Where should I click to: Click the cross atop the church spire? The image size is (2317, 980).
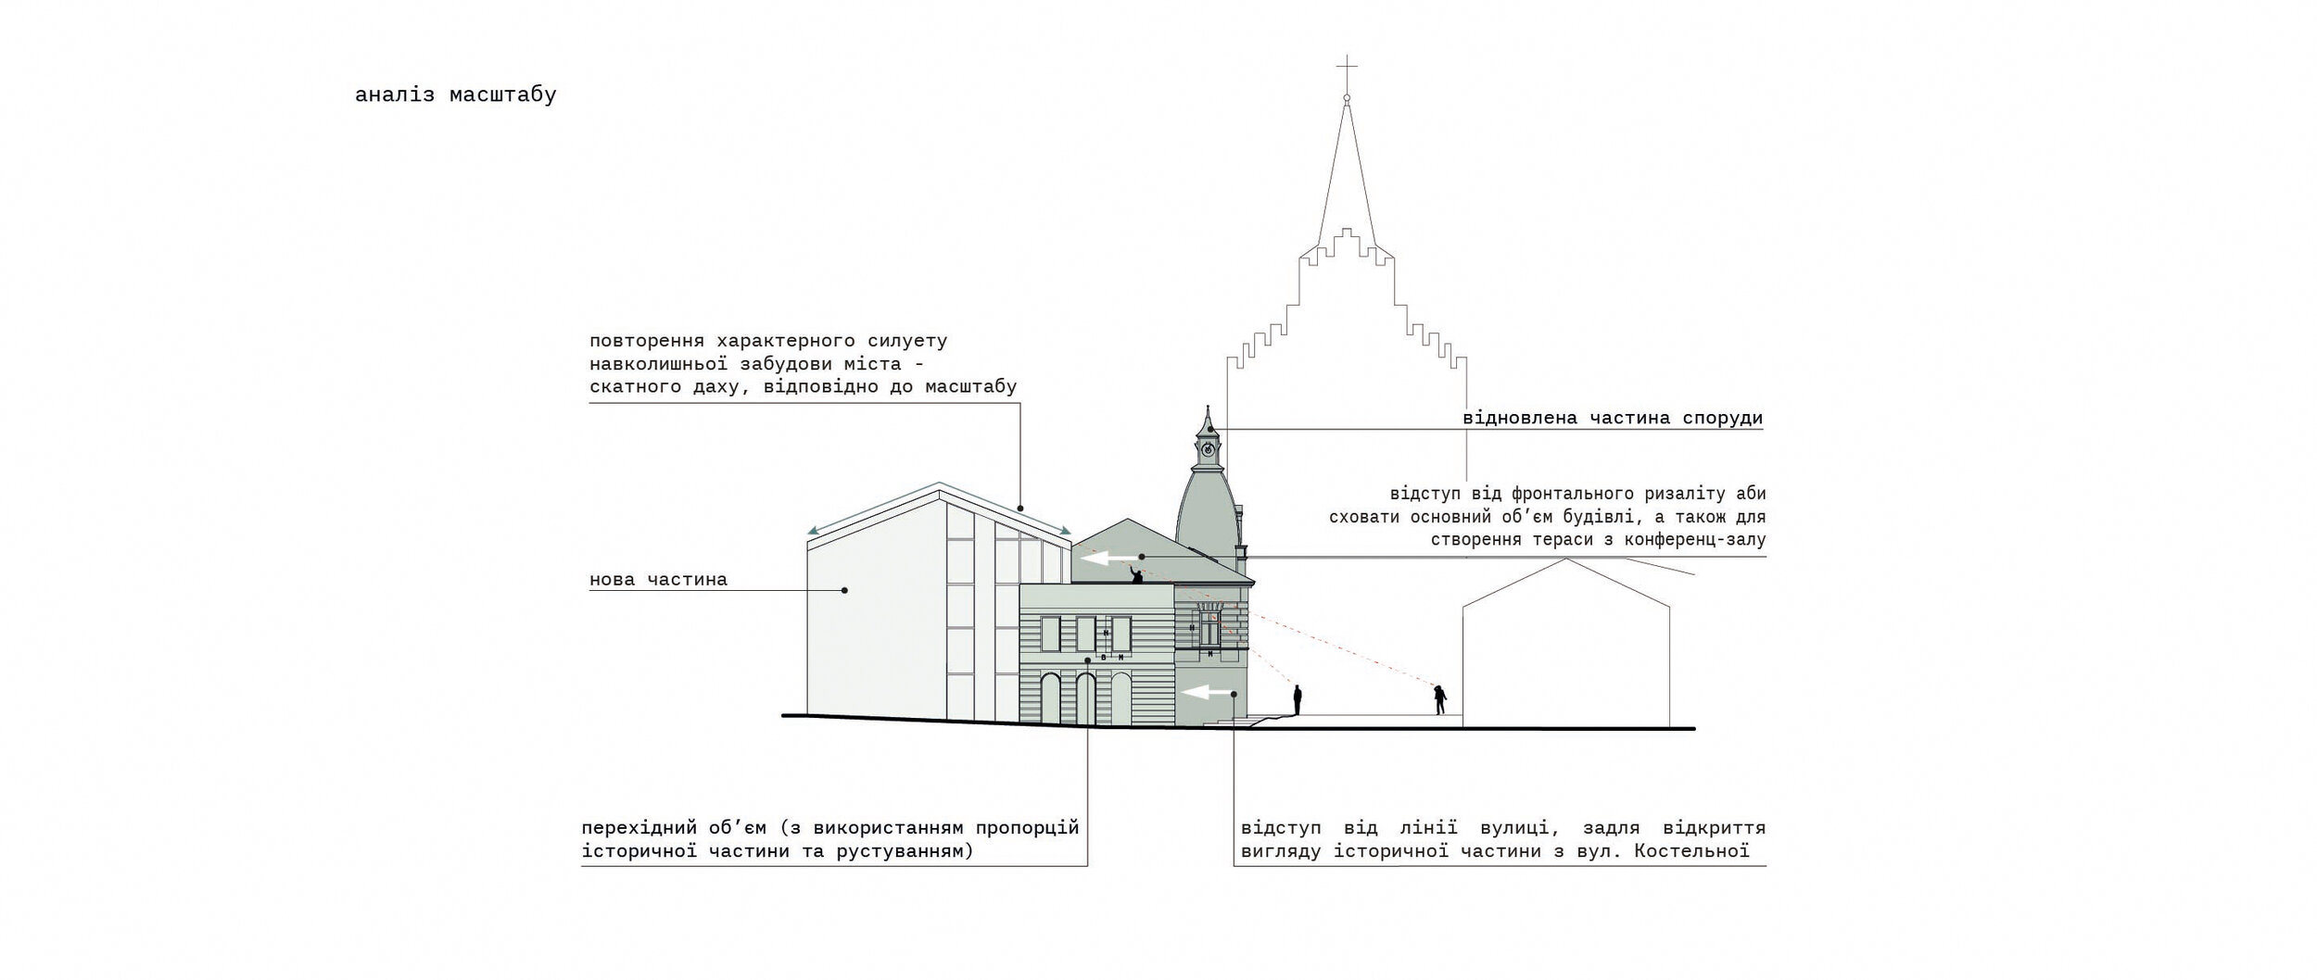[x=1347, y=67]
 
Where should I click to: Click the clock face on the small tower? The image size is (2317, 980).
[x=1208, y=448]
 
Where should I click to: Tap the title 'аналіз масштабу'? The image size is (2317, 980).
[x=455, y=95]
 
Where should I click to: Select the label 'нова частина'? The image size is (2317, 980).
[x=658, y=580]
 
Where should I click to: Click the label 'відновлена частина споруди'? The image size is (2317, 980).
[x=1613, y=418]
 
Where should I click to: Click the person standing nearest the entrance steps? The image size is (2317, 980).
[x=1298, y=699]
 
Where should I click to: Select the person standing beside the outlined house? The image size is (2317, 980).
[x=1439, y=699]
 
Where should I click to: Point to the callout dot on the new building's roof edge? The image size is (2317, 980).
[x=1020, y=508]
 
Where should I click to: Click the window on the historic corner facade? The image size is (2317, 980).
[x=1209, y=631]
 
